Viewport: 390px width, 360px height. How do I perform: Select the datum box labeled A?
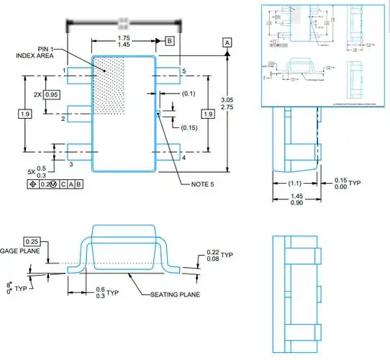point(227,43)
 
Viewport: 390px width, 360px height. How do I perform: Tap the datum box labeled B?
point(169,40)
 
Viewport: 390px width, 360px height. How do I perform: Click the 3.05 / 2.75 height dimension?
point(227,102)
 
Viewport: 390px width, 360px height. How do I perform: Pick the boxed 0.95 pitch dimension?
point(51,95)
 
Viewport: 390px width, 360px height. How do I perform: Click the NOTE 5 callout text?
point(204,184)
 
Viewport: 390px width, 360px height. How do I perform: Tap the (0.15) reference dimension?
point(189,127)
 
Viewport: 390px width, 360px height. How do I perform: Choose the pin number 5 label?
point(184,71)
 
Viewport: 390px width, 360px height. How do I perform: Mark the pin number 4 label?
point(184,158)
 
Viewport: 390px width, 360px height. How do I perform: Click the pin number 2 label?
point(63,118)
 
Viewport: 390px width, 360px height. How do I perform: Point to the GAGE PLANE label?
point(23,251)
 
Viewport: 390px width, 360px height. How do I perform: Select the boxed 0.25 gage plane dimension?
point(32,240)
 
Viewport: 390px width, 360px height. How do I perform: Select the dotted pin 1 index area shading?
point(112,83)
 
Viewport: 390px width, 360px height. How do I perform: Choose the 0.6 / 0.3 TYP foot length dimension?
point(104,291)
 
